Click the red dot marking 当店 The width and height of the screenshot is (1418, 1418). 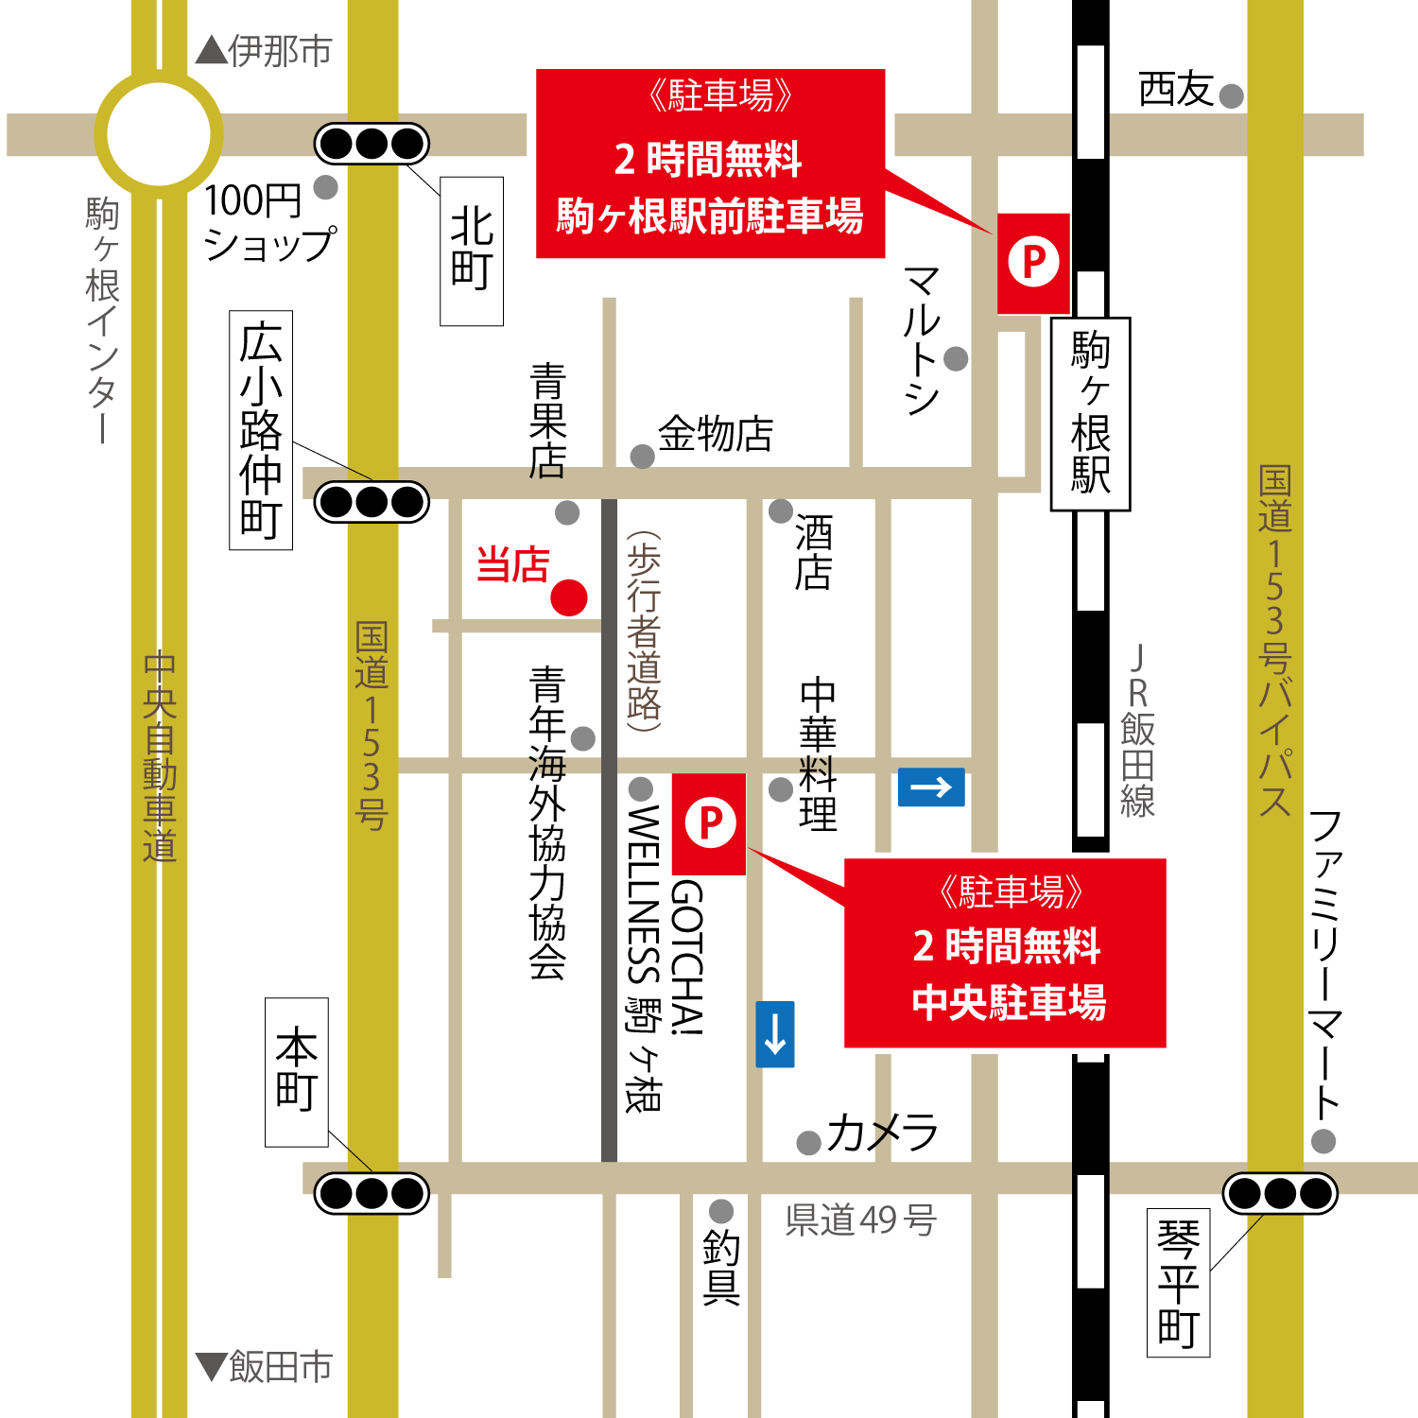(569, 597)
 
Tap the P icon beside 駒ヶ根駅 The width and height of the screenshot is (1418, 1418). (1033, 262)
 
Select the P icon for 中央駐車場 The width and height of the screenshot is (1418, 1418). (710, 822)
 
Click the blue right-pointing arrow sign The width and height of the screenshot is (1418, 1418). (931, 787)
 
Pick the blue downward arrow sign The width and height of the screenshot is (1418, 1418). (775, 1034)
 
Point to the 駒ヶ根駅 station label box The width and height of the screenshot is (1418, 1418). (1090, 414)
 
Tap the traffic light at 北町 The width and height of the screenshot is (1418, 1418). (372, 144)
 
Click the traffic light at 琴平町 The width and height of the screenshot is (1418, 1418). (1280, 1193)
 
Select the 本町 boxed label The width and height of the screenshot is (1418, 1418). (297, 1072)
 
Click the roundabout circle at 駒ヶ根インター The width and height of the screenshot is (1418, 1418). (159, 134)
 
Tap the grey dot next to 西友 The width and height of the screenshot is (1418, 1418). (1231, 95)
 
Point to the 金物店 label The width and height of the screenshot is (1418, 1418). (716, 435)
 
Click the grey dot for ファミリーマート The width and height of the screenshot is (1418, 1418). (1323, 1141)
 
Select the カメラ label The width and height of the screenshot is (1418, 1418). (882, 1133)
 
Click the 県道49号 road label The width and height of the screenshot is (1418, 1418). (860, 1220)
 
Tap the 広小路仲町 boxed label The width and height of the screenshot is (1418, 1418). (261, 430)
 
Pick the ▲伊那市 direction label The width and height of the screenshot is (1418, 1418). (264, 51)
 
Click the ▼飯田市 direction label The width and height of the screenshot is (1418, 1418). (264, 1366)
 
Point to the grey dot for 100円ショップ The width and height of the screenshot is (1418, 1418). (326, 187)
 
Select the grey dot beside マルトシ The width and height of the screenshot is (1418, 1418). (956, 358)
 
